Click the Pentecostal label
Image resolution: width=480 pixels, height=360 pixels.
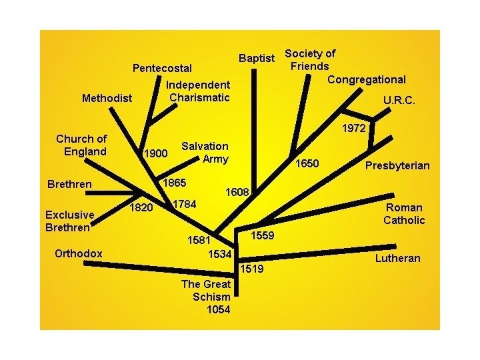click(x=162, y=68)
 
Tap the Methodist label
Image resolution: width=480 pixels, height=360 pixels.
click(x=107, y=99)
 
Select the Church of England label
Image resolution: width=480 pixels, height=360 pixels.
click(x=81, y=145)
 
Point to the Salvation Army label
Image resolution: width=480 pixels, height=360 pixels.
click(x=205, y=152)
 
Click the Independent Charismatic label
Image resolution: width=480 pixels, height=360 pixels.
click(x=198, y=91)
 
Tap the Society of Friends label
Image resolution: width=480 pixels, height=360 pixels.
click(x=310, y=59)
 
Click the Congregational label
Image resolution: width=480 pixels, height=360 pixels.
click(x=367, y=80)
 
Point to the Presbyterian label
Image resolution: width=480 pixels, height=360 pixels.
click(x=397, y=165)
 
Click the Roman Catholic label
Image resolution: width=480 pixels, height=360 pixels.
click(x=404, y=214)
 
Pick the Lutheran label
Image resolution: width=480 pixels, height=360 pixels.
click(x=397, y=258)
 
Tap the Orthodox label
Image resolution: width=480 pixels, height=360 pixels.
click(x=79, y=253)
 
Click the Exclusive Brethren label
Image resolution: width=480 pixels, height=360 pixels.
click(x=69, y=221)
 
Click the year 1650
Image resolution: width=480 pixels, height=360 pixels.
click(x=308, y=163)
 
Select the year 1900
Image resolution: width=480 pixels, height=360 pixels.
click(x=155, y=153)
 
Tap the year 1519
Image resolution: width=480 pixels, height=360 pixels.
click(x=252, y=269)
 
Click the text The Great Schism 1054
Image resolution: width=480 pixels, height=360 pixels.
click(x=206, y=296)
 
